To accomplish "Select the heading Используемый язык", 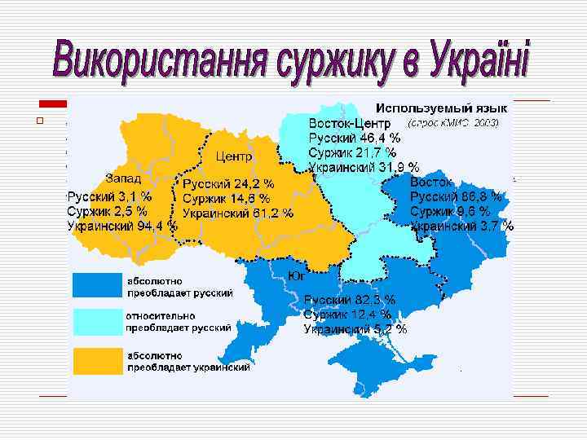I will [x=440, y=108].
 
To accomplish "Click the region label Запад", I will [x=123, y=178].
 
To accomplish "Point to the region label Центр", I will [x=234, y=156].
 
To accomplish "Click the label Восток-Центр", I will [x=350, y=122].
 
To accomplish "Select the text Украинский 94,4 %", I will [x=121, y=226].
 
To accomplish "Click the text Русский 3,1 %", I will [x=109, y=196].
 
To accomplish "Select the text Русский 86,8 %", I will [x=456, y=196].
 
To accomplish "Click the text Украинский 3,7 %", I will [x=461, y=226].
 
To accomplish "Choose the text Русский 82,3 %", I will [x=350, y=300].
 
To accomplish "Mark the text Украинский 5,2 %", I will [x=355, y=329].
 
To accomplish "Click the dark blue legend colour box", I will [x=96, y=285].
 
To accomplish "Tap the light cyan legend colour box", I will [x=96, y=322].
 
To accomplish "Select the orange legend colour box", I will [x=96, y=360].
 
